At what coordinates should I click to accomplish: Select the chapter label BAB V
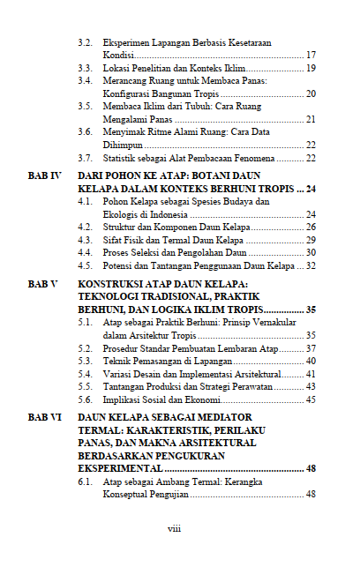[x=41, y=286]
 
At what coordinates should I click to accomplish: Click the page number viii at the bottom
[x=175, y=529]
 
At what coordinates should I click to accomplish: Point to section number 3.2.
[x=86, y=42]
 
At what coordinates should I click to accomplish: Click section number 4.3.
[x=86, y=240]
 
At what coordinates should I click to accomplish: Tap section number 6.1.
[x=86, y=482]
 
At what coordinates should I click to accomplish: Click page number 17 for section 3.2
[x=311, y=55]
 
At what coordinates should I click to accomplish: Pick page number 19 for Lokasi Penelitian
[x=311, y=67]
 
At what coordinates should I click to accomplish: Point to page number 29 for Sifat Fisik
[x=311, y=240]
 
